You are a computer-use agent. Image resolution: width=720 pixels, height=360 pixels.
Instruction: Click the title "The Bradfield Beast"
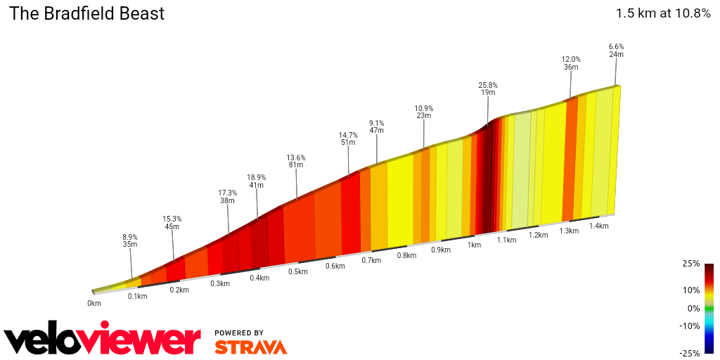86,13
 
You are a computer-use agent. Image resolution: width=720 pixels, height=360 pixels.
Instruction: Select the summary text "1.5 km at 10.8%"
663,13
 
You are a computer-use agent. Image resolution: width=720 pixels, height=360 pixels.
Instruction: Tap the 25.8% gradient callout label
488,89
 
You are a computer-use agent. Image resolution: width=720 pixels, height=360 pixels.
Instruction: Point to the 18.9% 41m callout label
256,181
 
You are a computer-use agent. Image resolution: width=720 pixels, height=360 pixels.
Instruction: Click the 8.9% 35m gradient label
129,240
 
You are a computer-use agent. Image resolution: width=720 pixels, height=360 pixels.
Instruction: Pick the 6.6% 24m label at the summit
616,51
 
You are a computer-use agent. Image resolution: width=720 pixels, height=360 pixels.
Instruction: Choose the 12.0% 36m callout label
570,63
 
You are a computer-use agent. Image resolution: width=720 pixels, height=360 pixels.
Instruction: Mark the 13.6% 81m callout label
295,161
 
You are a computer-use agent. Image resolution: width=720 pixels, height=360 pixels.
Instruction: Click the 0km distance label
94,303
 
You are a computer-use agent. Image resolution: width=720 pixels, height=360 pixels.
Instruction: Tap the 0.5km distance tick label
297,271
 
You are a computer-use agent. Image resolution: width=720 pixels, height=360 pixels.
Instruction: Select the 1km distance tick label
474,245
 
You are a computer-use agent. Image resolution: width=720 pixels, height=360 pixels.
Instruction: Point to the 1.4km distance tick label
598,226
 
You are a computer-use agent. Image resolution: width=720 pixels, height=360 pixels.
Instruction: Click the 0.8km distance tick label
406,255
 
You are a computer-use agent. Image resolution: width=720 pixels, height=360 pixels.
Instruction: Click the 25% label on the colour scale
691,264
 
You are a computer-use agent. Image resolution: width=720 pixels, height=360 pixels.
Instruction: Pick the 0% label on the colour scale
693,308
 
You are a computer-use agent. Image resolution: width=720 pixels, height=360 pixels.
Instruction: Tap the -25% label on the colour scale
690,353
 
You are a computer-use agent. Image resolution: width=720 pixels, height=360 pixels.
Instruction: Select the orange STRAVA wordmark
250,347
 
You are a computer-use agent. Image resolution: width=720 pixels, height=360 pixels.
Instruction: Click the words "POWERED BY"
239,333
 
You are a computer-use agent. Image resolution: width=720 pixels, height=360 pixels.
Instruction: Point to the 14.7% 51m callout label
348,139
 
